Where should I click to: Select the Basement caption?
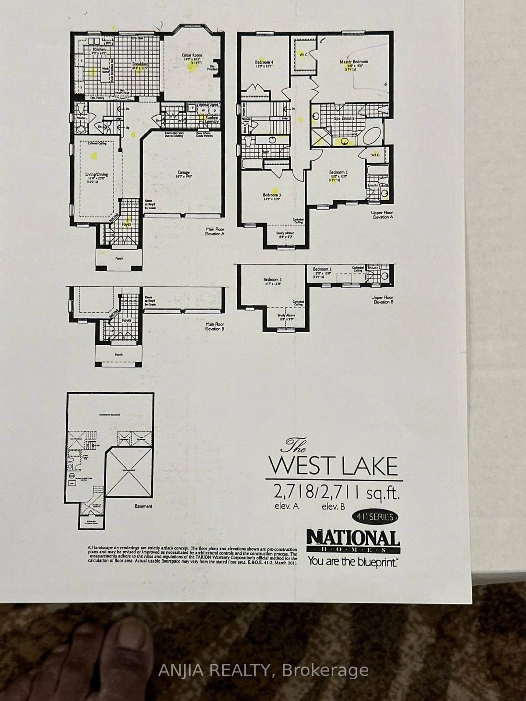pos(143,506)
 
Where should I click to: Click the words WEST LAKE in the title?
pos(333,466)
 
